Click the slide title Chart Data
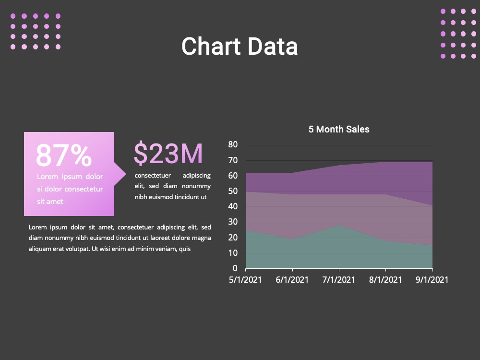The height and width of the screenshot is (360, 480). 240,46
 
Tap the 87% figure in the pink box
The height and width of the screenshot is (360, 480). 64,155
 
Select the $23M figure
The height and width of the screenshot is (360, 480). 168,153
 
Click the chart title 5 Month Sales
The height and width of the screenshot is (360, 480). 339,129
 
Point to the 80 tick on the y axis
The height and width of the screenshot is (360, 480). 233,144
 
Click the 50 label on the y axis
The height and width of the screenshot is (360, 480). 233,191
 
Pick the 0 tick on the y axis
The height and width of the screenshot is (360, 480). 235,268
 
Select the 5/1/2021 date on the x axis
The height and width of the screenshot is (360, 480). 245,280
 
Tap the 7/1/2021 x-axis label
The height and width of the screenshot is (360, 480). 339,280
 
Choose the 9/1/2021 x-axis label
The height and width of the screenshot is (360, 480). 432,280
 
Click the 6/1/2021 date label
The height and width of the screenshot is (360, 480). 292,280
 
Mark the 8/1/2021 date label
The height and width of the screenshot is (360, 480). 385,280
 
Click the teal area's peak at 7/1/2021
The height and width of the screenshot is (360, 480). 339,225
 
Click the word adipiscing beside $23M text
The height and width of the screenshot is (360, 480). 196,176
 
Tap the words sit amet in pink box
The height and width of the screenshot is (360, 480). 50,202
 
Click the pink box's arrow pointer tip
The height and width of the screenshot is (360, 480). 126,174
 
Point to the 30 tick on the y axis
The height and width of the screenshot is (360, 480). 233,222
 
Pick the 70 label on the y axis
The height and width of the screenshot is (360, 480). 233,160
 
